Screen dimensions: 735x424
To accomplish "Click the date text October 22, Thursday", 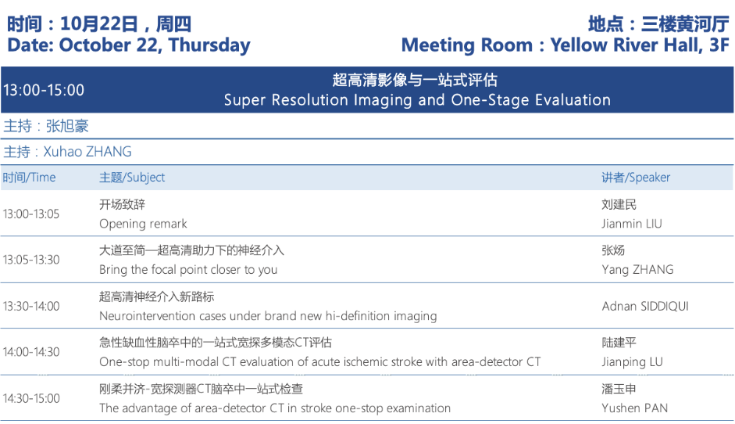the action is (x=155, y=45).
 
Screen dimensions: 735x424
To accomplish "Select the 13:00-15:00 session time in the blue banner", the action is (x=44, y=90).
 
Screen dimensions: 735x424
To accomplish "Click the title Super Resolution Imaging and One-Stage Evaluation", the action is (x=417, y=100).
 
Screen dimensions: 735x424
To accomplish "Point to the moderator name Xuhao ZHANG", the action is (x=87, y=152).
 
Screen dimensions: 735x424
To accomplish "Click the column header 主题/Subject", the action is (x=132, y=178).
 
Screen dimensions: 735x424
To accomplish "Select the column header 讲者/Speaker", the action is (x=636, y=178).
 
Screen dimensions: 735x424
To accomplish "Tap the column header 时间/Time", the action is (x=29, y=178).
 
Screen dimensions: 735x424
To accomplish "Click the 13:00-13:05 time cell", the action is (x=31, y=214).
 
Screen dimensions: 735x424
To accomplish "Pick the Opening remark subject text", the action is (x=143, y=224).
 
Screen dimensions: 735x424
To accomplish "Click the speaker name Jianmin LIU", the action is (x=632, y=224).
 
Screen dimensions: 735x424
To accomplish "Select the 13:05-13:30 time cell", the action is (x=31, y=260).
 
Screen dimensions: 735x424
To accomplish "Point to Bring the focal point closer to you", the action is (x=188, y=270).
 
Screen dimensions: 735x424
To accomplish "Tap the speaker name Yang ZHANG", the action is (x=637, y=270).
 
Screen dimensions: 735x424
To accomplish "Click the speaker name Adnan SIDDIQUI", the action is (x=645, y=306).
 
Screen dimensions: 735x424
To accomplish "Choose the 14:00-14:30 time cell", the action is (x=31, y=352).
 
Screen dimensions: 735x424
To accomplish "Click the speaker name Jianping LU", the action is (x=633, y=362).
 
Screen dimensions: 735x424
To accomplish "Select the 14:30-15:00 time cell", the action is (x=31, y=399).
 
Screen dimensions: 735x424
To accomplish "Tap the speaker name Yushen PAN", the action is (x=635, y=408).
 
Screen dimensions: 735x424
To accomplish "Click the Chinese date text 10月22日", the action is (x=99, y=24).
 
